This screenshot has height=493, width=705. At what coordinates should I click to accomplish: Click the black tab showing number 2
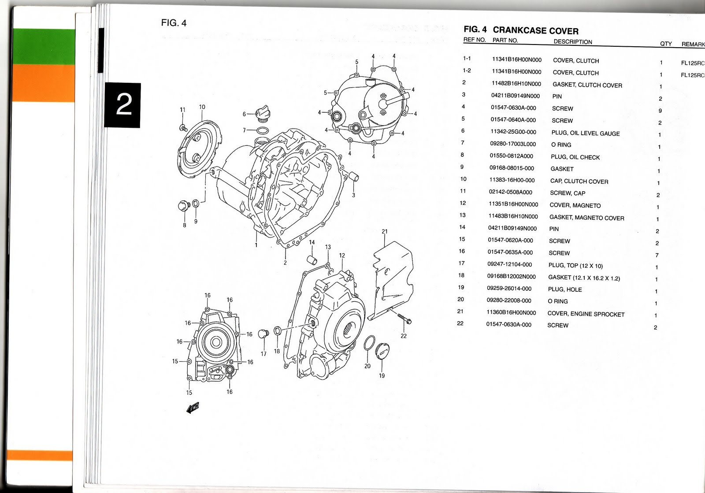[x=123, y=105]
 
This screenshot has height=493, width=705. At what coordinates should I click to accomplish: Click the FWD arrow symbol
[x=193, y=408]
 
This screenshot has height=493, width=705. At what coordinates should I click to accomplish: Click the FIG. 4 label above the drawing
[x=174, y=23]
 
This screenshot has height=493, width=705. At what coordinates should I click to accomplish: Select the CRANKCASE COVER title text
[x=535, y=31]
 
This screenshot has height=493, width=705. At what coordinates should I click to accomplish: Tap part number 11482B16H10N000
[x=516, y=84]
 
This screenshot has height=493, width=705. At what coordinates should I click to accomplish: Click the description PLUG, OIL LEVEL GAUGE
[x=585, y=133]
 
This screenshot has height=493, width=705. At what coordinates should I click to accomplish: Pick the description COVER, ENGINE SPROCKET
[x=586, y=314]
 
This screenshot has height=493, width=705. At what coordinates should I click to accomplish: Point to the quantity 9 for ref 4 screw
[x=660, y=111]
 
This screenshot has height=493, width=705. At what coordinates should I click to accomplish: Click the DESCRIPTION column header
[x=572, y=42]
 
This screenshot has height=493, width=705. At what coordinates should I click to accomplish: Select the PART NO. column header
[x=505, y=40]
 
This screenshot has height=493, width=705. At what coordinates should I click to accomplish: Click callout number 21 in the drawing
[x=384, y=231]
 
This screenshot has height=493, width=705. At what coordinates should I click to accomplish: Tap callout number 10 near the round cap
[x=202, y=107]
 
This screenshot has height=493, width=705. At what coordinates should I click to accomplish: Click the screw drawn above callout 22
[x=404, y=319]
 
